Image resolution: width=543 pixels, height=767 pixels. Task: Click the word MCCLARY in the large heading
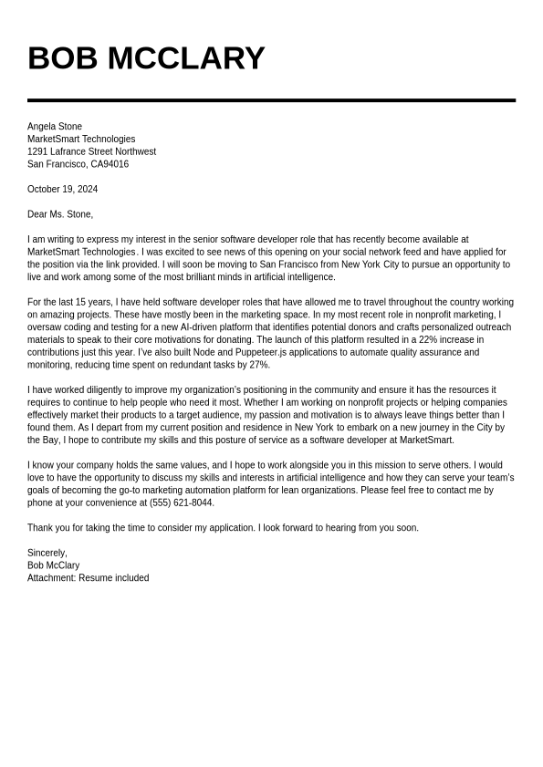[186, 58]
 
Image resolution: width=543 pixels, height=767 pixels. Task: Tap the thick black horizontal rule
[271, 100]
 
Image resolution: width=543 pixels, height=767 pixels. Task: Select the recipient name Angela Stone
[55, 127]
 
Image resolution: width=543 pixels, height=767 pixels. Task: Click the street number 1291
[37, 151]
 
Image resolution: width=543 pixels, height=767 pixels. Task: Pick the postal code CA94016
[110, 164]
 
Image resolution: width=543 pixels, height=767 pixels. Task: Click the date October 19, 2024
[62, 190]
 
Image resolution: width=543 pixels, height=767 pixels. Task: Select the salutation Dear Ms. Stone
[60, 214]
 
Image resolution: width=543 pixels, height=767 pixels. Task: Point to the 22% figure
[428, 340]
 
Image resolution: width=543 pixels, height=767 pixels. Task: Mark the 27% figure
[259, 365]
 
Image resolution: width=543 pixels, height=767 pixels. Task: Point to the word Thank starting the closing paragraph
[40, 528]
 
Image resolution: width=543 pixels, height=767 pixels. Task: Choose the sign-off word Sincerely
[47, 553]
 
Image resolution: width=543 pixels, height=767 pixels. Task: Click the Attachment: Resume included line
[88, 578]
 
